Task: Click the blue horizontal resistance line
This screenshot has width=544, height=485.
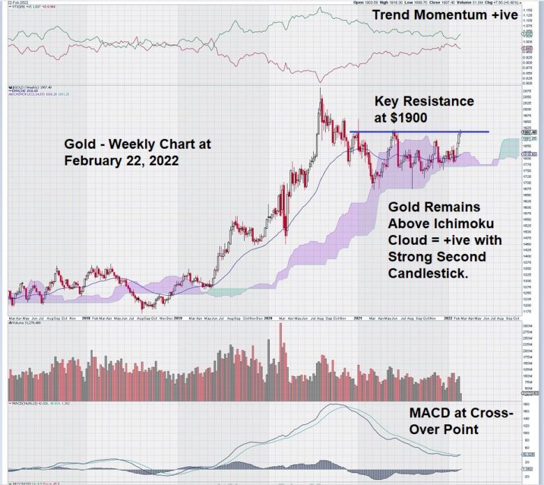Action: [x=418, y=132]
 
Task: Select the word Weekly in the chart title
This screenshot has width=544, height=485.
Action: [x=133, y=144]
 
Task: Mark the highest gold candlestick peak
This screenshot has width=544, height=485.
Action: [x=320, y=89]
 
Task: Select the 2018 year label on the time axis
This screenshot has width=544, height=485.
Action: [x=86, y=318]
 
